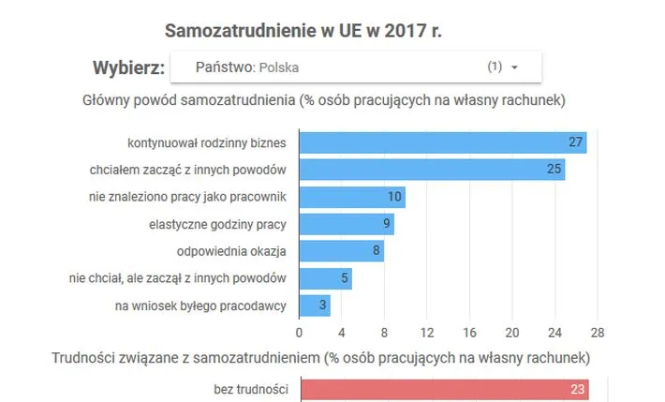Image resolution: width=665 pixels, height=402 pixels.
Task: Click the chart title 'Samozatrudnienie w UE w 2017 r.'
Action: pos(303,30)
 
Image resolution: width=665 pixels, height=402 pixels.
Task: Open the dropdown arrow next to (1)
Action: pos(514,67)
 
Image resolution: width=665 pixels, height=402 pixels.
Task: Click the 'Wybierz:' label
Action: pos(128,67)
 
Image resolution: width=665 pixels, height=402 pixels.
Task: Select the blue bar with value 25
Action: pos(432,170)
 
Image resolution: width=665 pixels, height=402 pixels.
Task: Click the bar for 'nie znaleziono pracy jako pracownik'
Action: pos(351,197)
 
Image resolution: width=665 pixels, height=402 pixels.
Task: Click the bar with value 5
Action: pos(325,278)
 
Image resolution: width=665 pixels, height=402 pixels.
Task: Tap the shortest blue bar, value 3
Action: pos(315,305)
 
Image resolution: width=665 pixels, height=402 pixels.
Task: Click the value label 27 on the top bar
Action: pos(576,142)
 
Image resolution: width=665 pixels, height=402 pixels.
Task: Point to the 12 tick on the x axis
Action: pos(427,332)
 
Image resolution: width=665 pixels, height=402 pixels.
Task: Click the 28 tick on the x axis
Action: pos(598,332)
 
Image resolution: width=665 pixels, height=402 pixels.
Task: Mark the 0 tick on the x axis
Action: pos(299,332)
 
